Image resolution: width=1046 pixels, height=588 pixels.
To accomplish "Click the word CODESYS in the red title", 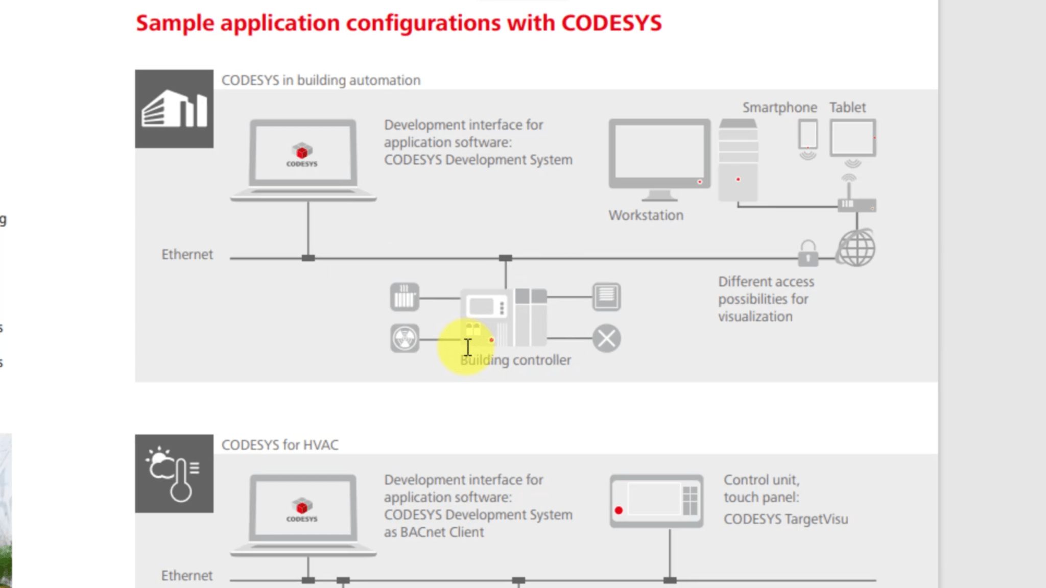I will (x=611, y=23).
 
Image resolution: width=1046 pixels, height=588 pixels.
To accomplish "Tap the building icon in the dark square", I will (x=174, y=109).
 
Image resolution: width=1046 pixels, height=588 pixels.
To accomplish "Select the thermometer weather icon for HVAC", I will (x=174, y=474).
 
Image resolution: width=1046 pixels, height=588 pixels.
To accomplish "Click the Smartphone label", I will (x=779, y=108).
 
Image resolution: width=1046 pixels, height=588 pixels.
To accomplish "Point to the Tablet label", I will (x=847, y=108).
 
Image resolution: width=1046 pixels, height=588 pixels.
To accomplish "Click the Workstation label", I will (x=646, y=215).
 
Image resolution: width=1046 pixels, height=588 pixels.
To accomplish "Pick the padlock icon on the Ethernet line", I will (x=807, y=253).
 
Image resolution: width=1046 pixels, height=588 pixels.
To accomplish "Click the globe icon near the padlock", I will (x=857, y=248).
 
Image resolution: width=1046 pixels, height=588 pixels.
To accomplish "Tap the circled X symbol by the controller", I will (x=607, y=338).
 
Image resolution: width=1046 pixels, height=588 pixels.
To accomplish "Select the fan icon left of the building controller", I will (x=405, y=338).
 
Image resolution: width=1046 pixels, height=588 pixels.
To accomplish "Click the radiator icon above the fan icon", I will (x=405, y=297).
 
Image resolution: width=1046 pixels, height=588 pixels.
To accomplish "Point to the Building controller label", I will (x=516, y=360).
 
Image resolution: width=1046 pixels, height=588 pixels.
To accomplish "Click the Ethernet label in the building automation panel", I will (x=187, y=255).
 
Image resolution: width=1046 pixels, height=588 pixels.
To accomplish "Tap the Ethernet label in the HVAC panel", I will (x=187, y=576).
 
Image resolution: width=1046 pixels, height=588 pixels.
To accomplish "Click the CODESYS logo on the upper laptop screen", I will (x=302, y=155).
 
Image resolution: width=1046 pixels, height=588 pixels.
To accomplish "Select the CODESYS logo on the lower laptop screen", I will (x=302, y=510).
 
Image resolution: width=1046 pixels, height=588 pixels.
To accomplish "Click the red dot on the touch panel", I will (x=619, y=510).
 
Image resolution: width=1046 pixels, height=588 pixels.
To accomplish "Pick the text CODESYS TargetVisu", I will (x=786, y=520).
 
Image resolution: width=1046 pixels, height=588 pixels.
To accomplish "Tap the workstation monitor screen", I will (x=659, y=151).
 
